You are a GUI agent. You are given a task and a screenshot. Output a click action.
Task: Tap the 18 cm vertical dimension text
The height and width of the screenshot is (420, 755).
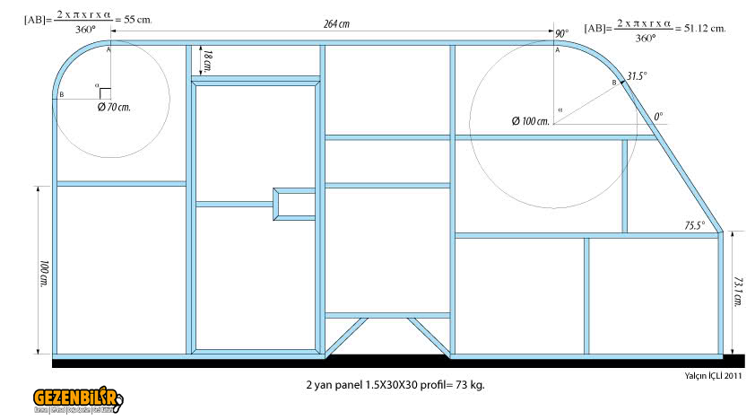[208, 62]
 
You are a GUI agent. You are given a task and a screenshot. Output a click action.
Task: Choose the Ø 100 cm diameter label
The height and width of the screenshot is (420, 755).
[530, 120]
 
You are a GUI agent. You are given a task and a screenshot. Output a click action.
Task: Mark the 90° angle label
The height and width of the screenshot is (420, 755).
[562, 33]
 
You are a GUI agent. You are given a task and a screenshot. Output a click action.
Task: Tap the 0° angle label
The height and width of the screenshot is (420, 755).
[658, 117]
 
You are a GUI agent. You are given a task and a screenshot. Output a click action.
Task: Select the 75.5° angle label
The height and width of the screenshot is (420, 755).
[695, 225]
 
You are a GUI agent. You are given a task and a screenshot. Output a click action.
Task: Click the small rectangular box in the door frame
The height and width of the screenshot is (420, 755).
[292, 203]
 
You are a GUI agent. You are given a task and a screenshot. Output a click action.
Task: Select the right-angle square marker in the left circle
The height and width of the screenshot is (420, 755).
[105, 93]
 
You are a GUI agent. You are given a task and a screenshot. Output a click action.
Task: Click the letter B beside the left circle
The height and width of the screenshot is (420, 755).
[62, 94]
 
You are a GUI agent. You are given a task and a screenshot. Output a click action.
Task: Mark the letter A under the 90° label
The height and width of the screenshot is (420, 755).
[557, 51]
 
